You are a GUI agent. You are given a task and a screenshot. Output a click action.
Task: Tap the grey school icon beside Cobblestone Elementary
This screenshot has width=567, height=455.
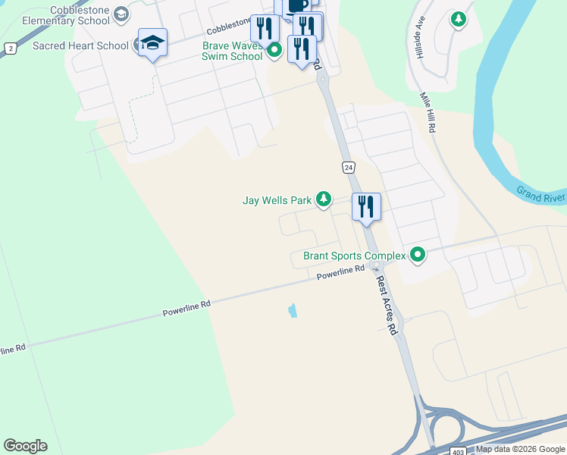tap(121, 14)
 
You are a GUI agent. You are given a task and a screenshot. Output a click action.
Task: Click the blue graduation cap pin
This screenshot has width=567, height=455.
tap(152, 42)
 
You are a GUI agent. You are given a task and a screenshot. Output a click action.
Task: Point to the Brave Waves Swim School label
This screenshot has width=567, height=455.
tap(232, 51)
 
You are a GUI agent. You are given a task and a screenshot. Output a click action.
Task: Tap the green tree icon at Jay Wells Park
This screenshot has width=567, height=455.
tap(324, 199)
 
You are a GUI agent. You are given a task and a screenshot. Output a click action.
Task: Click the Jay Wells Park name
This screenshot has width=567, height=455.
tap(277, 201)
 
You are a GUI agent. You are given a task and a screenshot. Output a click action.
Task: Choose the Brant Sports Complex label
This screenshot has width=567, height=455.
tap(354, 256)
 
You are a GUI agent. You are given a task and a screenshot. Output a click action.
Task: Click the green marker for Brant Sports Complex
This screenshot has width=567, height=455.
tap(416, 255)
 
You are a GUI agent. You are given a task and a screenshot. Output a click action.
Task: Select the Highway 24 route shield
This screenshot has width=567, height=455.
tap(347, 167)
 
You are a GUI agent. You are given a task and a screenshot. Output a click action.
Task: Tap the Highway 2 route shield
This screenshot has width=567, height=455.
tap(10, 48)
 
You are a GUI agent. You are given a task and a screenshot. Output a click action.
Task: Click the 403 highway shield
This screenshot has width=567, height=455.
tap(457, 451)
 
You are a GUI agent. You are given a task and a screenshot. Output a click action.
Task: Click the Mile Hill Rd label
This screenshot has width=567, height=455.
tap(427, 113)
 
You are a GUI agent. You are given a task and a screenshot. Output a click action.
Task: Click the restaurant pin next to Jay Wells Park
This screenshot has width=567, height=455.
tap(366, 206)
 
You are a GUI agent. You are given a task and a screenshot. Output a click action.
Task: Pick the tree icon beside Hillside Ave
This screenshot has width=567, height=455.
tap(458, 18)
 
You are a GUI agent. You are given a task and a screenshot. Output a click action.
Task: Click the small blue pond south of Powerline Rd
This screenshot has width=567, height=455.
tap(293, 310)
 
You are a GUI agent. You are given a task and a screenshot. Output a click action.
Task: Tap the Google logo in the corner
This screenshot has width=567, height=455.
tap(25, 446)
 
